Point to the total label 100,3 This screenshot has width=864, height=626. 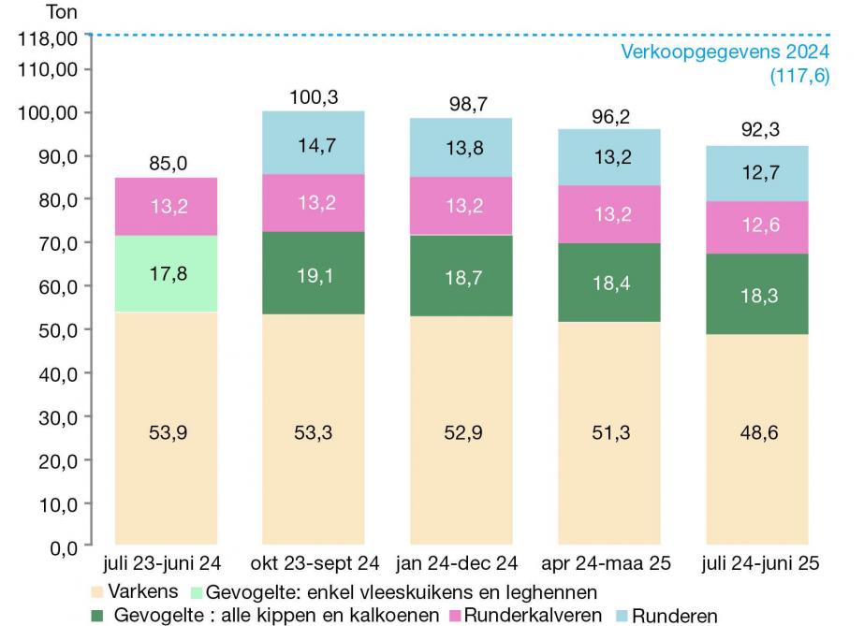pyautogui.click(x=313, y=98)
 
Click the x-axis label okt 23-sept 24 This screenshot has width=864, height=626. pyautogui.click(x=313, y=564)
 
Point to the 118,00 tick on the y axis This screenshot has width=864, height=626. pyautogui.click(x=47, y=38)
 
